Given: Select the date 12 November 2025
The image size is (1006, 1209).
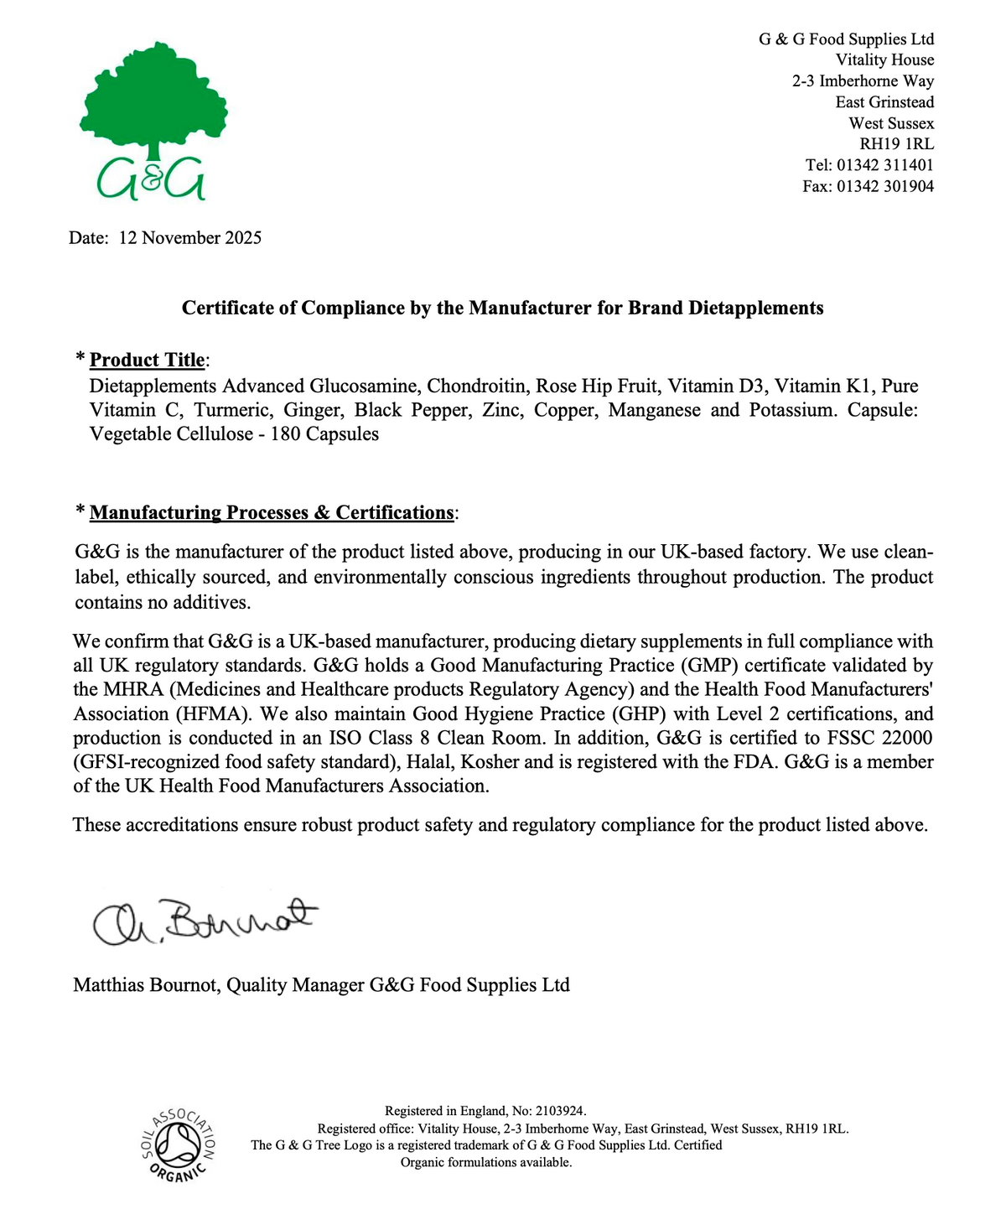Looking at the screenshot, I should click(190, 238).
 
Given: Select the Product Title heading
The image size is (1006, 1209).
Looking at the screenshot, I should click(147, 361).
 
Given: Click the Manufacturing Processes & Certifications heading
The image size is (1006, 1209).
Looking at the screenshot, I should click(272, 512).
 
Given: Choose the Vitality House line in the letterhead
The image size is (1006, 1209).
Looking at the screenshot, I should click(884, 60).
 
